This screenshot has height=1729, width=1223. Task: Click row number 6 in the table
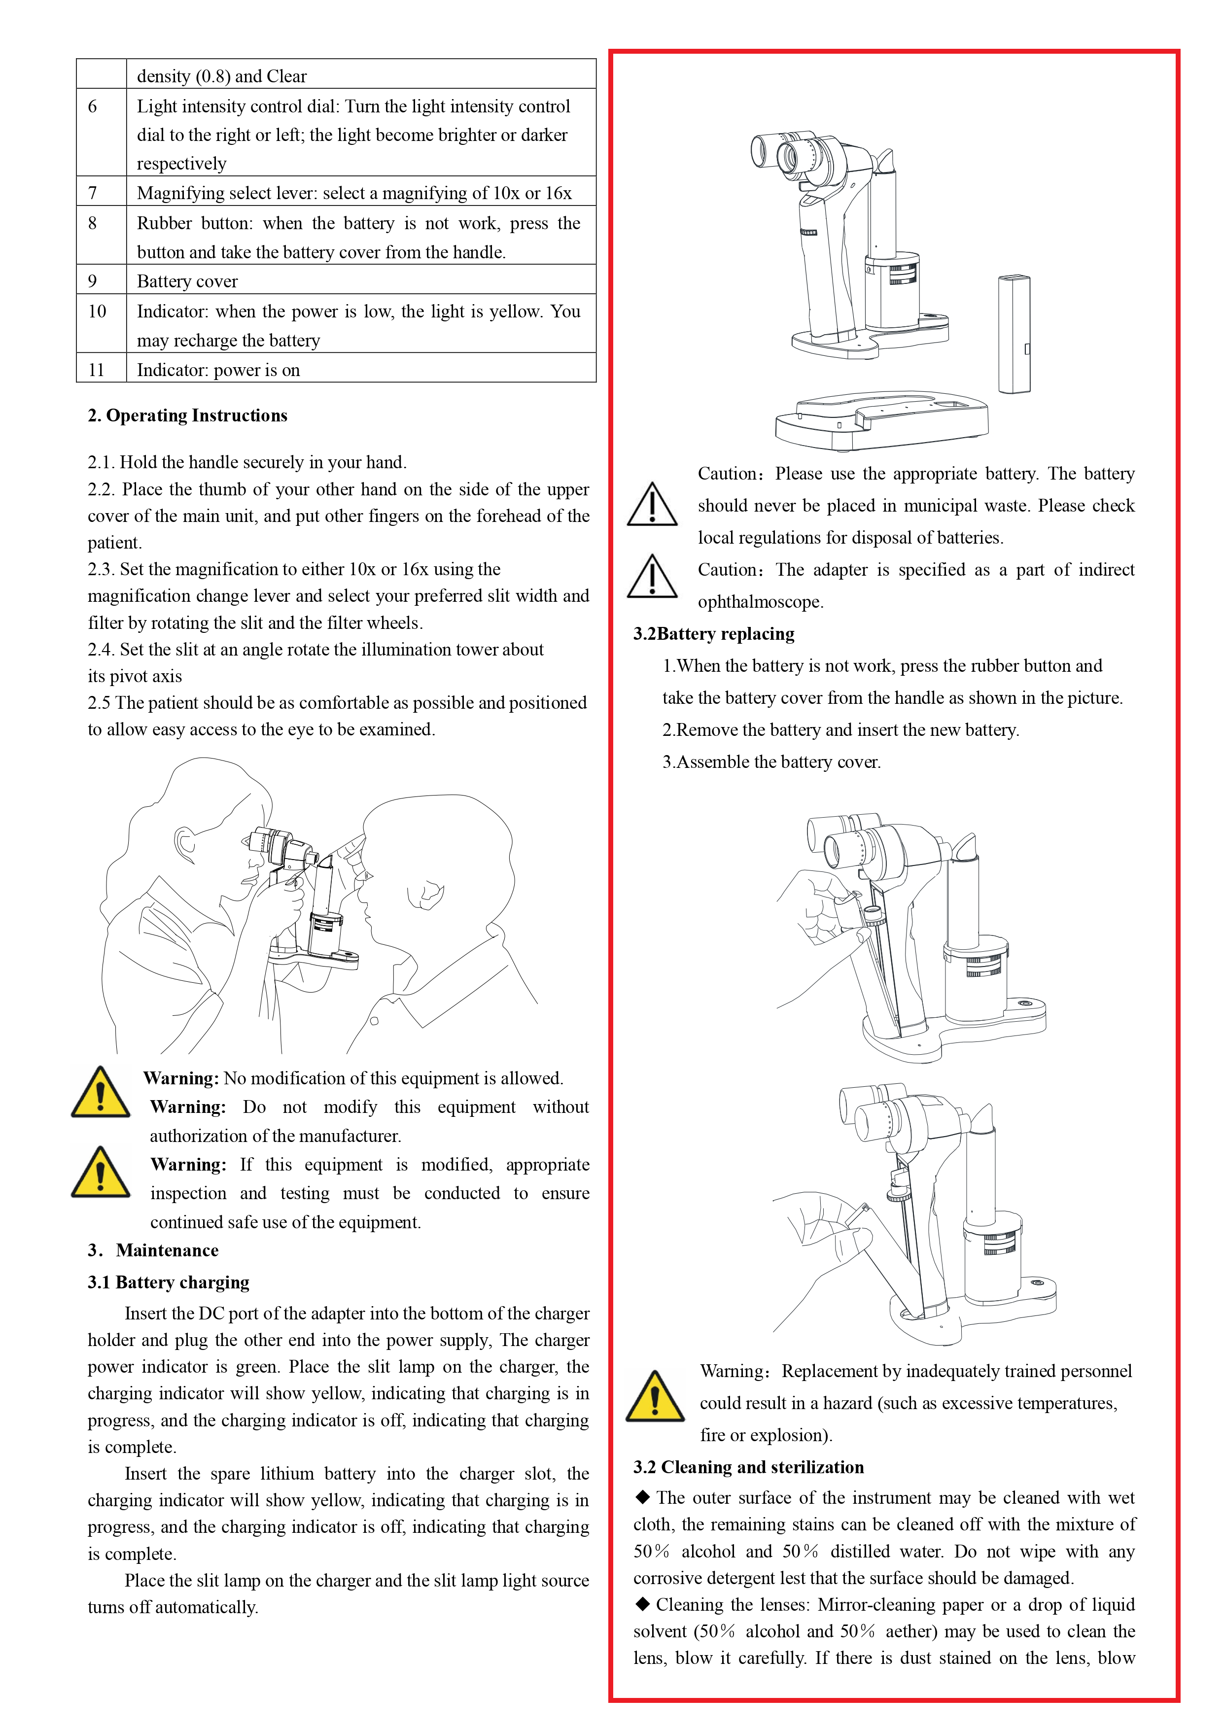93,106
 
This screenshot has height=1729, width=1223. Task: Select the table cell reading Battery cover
187,281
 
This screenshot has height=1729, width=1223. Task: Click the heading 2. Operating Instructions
187,415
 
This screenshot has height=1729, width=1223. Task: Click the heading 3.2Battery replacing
713,633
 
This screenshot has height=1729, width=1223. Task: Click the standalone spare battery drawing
1013,334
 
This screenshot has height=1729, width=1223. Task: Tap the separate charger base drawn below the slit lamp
881,419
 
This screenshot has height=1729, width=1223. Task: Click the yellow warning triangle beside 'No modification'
100,1092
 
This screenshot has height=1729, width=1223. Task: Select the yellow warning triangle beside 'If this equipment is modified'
100,1173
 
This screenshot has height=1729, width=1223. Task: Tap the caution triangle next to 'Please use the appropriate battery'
652,505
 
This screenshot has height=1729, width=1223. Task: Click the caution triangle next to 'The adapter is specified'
652,577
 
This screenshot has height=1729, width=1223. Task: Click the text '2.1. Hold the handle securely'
247,462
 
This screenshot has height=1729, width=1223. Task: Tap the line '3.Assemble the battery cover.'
771,761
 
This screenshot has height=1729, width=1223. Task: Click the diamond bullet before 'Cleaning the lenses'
642,1603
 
